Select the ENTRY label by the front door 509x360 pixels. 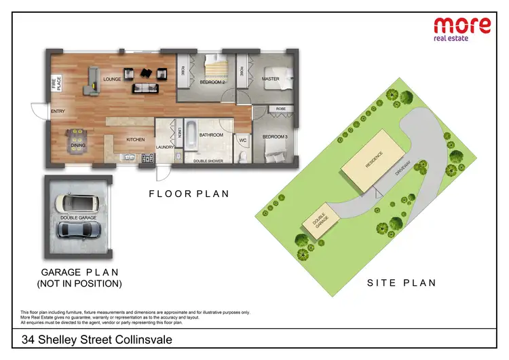(x=58, y=111)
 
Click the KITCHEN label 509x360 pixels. (x=136, y=139)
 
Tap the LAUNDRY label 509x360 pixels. (x=165, y=147)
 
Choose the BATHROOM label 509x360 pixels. (x=211, y=134)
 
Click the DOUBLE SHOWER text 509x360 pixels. (x=209, y=161)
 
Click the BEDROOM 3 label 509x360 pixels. (x=275, y=137)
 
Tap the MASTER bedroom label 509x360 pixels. (x=271, y=79)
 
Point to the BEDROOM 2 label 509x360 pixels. (x=212, y=82)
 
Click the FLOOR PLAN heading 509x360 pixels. (x=189, y=194)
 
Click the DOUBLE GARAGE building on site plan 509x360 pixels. (x=320, y=221)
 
